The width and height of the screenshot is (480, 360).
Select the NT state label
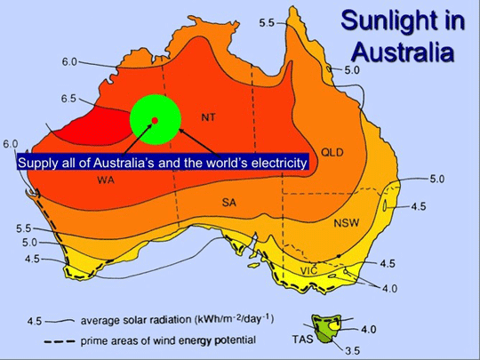point(208,116)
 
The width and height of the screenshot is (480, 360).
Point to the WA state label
point(105,179)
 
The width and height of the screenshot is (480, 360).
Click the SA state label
point(229,203)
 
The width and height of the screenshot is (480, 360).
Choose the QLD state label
point(332,151)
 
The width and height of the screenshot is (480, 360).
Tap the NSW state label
point(346,223)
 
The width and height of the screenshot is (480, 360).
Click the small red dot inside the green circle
point(155,120)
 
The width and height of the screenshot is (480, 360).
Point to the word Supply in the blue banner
point(36,163)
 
